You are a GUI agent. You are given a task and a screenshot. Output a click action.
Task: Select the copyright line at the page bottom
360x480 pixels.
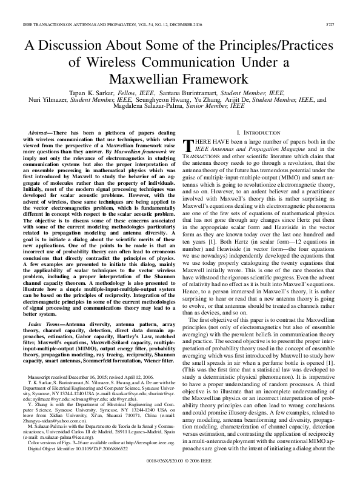180,468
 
